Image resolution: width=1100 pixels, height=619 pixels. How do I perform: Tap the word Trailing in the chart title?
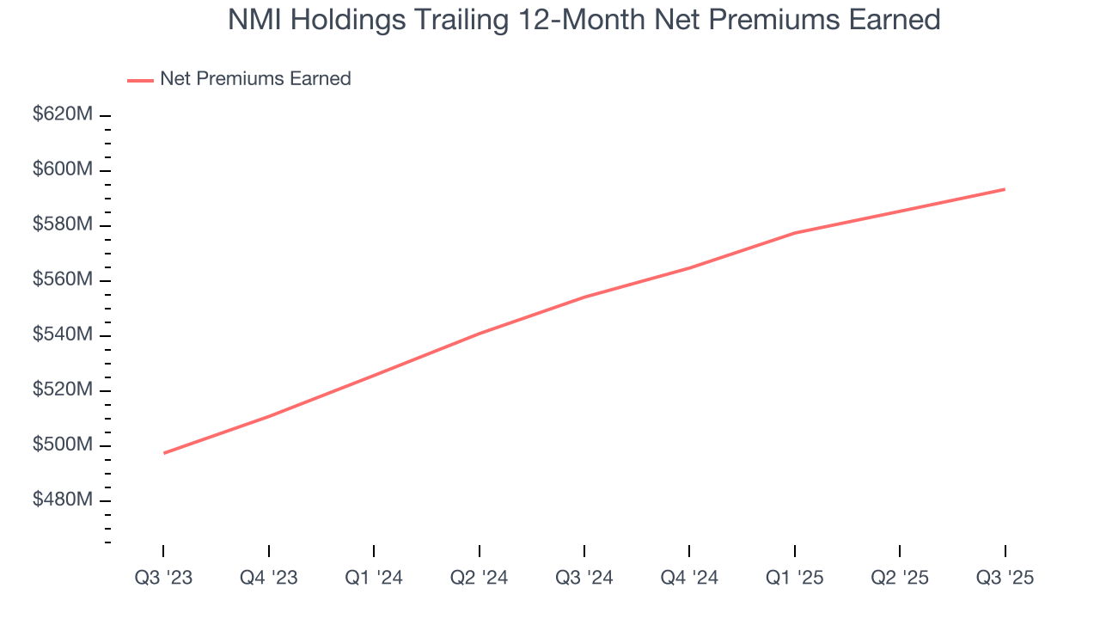(x=455, y=20)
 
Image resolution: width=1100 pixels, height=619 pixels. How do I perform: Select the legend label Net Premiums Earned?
(x=255, y=79)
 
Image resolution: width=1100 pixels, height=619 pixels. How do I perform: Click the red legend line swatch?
(x=140, y=80)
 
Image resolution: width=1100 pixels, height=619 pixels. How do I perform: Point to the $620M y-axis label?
(x=62, y=114)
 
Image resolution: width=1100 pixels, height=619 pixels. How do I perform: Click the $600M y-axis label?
(x=62, y=169)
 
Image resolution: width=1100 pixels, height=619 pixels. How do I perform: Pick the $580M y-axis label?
(x=62, y=224)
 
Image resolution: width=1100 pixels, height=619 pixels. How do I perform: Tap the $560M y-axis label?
(x=62, y=279)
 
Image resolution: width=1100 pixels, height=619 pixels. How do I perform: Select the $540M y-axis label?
(x=62, y=334)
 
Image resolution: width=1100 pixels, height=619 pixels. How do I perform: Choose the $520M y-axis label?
(x=62, y=389)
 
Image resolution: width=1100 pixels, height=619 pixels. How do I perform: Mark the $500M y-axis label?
(x=62, y=444)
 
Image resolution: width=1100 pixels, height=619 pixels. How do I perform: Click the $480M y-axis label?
(x=62, y=499)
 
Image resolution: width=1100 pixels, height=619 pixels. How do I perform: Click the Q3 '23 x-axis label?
(x=163, y=578)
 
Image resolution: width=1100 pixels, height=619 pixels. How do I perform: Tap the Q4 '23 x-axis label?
(x=269, y=578)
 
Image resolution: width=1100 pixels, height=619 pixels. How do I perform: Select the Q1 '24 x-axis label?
(x=374, y=578)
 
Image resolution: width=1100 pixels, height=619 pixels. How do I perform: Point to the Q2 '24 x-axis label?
(x=479, y=578)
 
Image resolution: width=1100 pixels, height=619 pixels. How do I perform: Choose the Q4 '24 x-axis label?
(x=689, y=578)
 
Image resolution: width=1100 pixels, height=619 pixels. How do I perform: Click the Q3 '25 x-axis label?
(x=1005, y=578)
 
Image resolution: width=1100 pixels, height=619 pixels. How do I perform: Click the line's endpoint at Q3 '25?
(x=1005, y=189)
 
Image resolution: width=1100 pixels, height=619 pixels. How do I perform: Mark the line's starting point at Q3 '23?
(x=163, y=453)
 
